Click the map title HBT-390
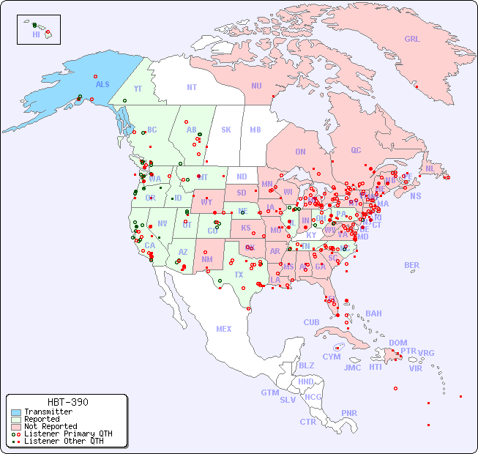point(67,402)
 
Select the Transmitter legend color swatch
point(16,412)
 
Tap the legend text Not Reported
point(50,426)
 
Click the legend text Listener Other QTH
point(63,441)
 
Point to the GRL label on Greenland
point(412,40)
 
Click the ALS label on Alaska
point(102,84)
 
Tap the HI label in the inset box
point(36,34)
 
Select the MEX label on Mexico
point(223,329)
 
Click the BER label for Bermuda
point(411,265)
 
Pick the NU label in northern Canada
point(256,86)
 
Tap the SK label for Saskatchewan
point(226,130)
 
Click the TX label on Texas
point(238,275)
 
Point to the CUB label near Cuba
point(311,322)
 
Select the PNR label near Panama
point(349,413)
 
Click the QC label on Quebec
point(356,150)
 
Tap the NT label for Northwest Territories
point(191,87)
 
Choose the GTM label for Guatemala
point(269,392)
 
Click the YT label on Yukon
point(137,88)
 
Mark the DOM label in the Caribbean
point(397,343)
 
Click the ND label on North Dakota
point(242,176)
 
